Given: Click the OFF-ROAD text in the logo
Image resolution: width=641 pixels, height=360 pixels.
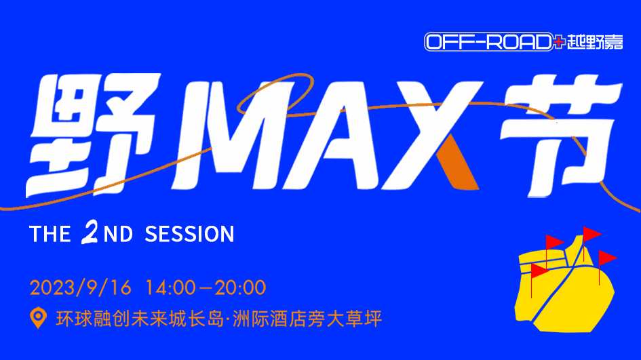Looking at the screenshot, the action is [489, 42].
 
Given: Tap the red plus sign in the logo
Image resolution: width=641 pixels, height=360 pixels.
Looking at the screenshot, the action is [559, 41].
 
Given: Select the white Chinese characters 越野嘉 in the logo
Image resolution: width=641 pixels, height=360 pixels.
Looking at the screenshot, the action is [595, 42].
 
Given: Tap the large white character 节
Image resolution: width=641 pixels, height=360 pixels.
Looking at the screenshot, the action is [560, 135].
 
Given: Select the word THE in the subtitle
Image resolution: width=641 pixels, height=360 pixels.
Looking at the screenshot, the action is [50, 234].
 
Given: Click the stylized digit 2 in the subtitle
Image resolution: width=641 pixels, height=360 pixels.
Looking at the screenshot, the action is [90, 233].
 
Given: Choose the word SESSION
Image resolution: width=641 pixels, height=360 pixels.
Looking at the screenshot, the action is [189, 234].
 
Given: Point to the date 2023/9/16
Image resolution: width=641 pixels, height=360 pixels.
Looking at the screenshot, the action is [81, 287].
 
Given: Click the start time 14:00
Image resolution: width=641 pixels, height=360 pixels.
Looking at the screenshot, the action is [170, 287].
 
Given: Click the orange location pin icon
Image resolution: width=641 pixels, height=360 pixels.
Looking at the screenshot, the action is [38, 317].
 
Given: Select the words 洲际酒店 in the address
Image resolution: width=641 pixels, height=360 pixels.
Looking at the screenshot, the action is [269, 319].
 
